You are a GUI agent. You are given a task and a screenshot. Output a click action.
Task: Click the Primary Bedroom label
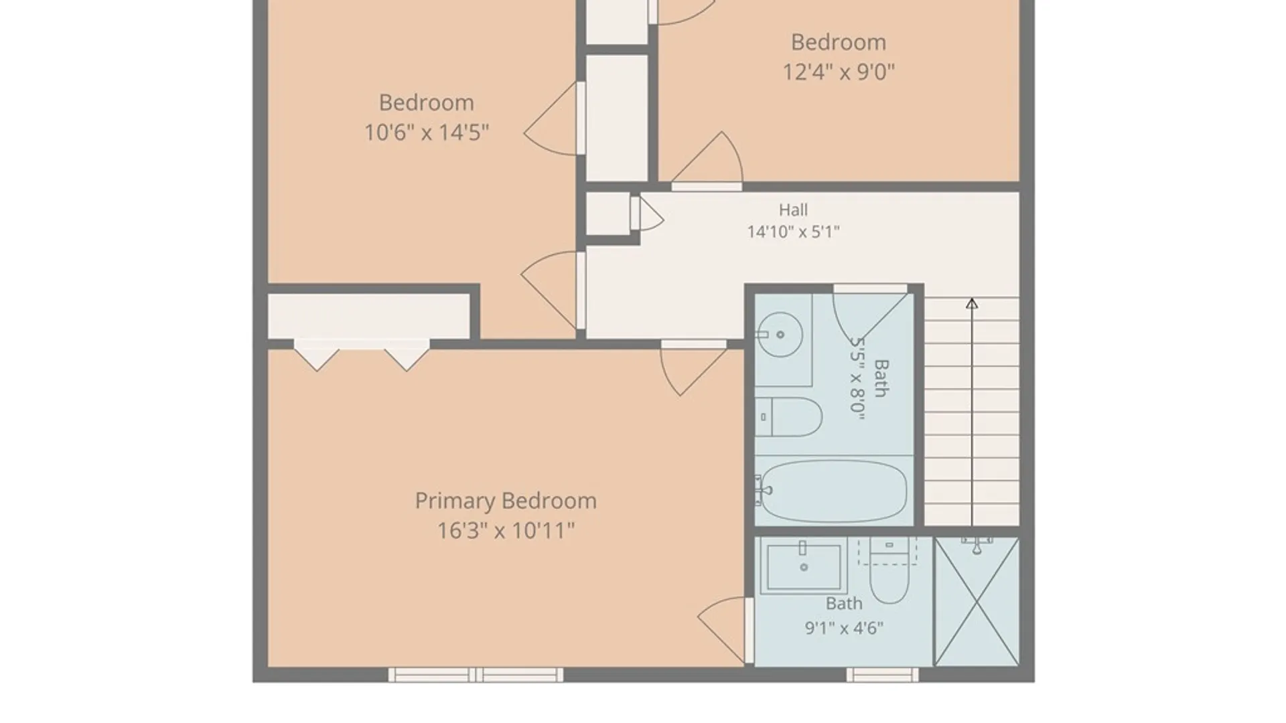click(506, 501)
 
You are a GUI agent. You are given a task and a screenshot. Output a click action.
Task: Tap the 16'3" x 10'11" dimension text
click(506, 531)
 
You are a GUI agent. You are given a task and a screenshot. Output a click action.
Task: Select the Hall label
click(793, 210)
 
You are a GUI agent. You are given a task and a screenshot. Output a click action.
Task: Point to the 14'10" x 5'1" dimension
click(793, 232)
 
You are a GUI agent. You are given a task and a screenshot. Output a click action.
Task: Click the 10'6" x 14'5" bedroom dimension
click(427, 133)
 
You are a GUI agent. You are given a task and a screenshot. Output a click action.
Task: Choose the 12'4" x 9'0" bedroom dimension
click(839, 72)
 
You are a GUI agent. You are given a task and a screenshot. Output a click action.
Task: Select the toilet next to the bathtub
click(789, 417)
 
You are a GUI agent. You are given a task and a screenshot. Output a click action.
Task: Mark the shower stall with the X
click(977, 601)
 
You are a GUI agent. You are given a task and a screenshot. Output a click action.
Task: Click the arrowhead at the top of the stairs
click(972, 303)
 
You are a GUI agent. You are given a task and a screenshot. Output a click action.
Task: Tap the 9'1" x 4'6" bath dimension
click(844, 628)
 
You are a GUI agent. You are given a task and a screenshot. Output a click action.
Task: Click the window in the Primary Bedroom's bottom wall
click(476, 674)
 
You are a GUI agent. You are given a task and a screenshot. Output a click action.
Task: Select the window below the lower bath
click(883, 674)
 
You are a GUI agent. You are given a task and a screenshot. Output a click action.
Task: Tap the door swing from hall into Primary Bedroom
click(693, 369)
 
